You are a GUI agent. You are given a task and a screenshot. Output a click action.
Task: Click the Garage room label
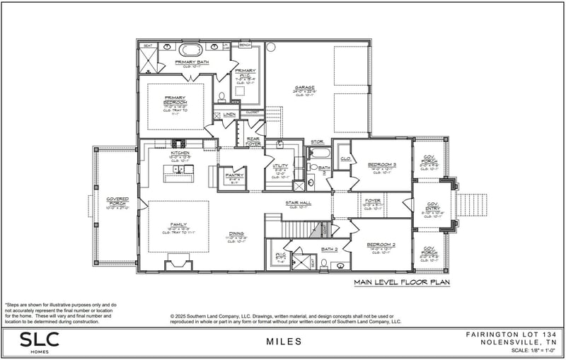[305, 87]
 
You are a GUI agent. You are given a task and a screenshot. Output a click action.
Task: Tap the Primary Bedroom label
[175, 100]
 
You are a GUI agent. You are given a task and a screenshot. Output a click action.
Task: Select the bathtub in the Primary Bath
[190, 50]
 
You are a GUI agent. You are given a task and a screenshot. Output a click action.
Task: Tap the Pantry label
[234, 175]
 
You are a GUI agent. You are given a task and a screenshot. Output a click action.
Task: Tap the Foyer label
[372, 200]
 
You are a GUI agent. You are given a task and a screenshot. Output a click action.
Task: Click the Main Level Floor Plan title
[402, 281]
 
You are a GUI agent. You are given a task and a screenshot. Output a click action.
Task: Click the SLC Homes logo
[39, 341]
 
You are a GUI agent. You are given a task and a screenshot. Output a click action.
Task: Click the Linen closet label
[229, 114]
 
